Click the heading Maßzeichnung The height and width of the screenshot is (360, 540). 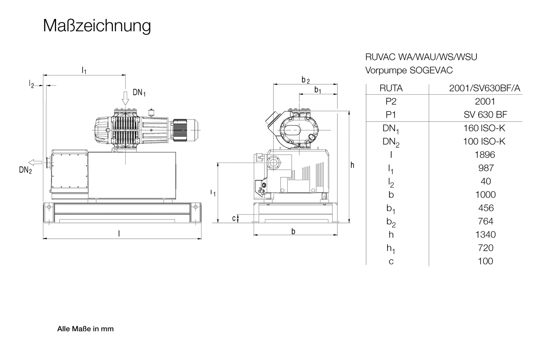click(x=97, y=26)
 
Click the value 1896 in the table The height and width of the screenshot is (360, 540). click(x=485, y=155)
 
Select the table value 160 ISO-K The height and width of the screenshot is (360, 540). click(x=484, y=128)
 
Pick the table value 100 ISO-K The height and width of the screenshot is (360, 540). click(x=484, y=141)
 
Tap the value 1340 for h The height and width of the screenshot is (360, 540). click(x=485, y=235)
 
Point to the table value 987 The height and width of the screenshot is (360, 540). click(x=486, y=168)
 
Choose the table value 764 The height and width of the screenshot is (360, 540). click(x=485, y=221)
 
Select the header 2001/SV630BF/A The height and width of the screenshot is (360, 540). click(x=484, y=88)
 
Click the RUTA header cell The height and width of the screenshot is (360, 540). click(x=391, y=88)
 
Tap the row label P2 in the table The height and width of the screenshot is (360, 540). click(x=391, y=102)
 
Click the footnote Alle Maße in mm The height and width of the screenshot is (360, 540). click(x=85, y=329)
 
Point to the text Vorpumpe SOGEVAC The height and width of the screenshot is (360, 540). click(x=409, y=70)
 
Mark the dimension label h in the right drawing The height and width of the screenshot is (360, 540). click(x=352, y=165)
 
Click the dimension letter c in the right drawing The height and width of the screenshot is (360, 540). click(x=234, y=218)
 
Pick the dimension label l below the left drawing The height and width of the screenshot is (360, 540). click(x=119, y=233)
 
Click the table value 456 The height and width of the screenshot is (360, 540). click(x=486, y=208)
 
